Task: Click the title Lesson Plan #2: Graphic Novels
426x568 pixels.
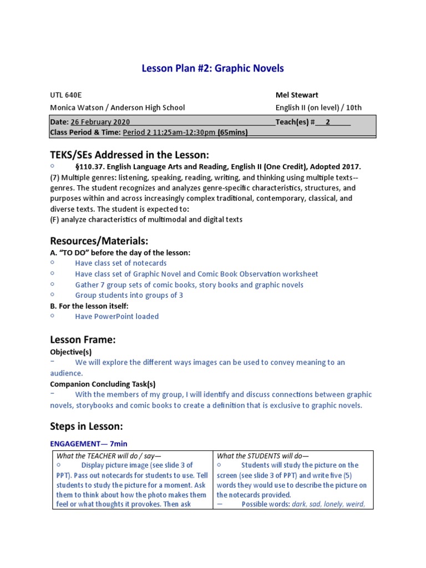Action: (213, 69)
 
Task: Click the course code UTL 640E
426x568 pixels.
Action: (66, 95)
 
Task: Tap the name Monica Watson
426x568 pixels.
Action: (75, 108)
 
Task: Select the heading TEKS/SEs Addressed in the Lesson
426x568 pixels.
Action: (129, 155)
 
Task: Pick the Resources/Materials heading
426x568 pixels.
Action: (99, 241)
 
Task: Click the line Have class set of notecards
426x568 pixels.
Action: (121, 263)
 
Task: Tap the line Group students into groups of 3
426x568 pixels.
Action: (129, 295)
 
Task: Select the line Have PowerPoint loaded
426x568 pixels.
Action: (117, 316)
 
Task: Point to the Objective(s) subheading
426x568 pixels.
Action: (71, 352)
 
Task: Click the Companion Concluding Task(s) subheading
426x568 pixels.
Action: (103, 384)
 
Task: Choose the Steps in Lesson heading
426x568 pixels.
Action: (86, 427)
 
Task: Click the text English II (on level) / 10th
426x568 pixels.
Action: (318, 108)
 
